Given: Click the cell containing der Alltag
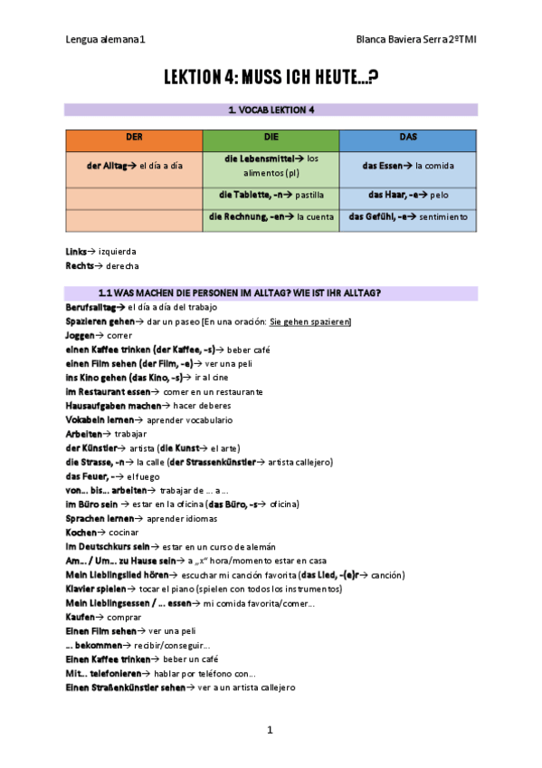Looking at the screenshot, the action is pyautogui.click(x=134, y=166).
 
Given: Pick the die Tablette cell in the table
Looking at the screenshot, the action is pyautogui.click(x=271, y=195).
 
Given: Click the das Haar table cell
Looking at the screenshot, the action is pyautogui.click(x=407, y=195).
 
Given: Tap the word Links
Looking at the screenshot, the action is pyautogui.click(x=76, y=251).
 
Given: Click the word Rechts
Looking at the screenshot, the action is pyautogui.click(x=80, y=266).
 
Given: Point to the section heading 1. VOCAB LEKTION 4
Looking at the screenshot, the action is pyautogui.click(x=271, y=110).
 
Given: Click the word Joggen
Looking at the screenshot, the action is pyautogui.click(x=81, y=334).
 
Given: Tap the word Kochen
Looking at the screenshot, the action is pyautogui.click(x=81, y=533).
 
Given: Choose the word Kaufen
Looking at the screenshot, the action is pyautogui.click(x=81, y=616).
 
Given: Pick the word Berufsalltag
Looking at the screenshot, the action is pyautogui.click(x=93, y=308).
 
